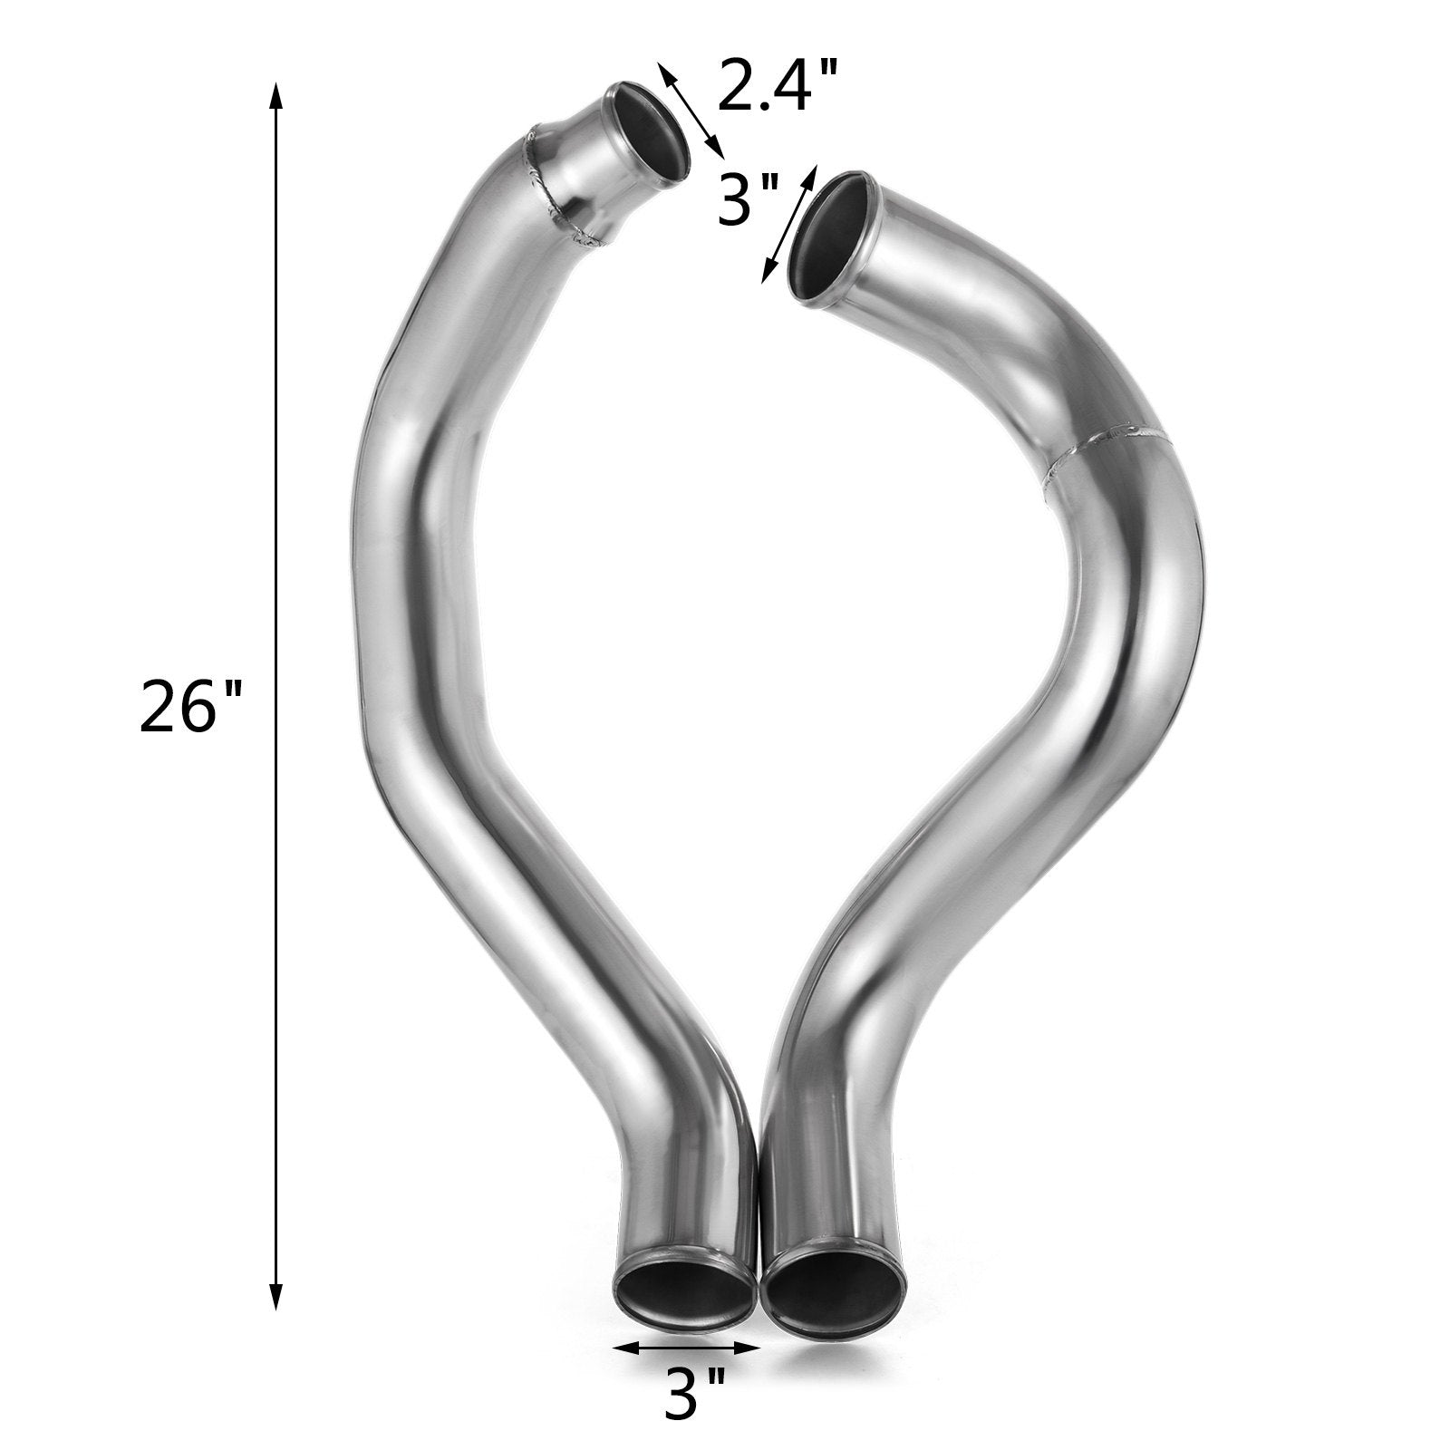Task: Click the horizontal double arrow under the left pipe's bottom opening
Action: pyautogui.click(x=686, y=1348)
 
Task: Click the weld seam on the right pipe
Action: pyautogui.click(x=1110, y=458)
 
